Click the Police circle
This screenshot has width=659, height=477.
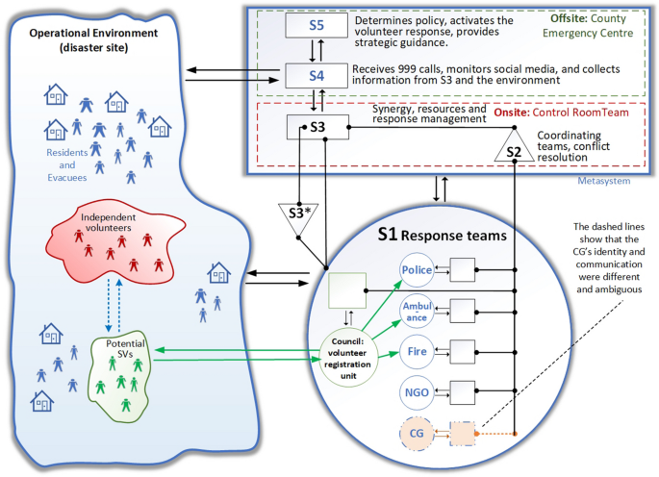click(416, 271)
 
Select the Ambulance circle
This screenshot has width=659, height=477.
click(416, 312)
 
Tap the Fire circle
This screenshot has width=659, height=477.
click(416, 352)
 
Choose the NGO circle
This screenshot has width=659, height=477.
click(416, 393)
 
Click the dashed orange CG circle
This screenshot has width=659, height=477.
click(416, 435)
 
